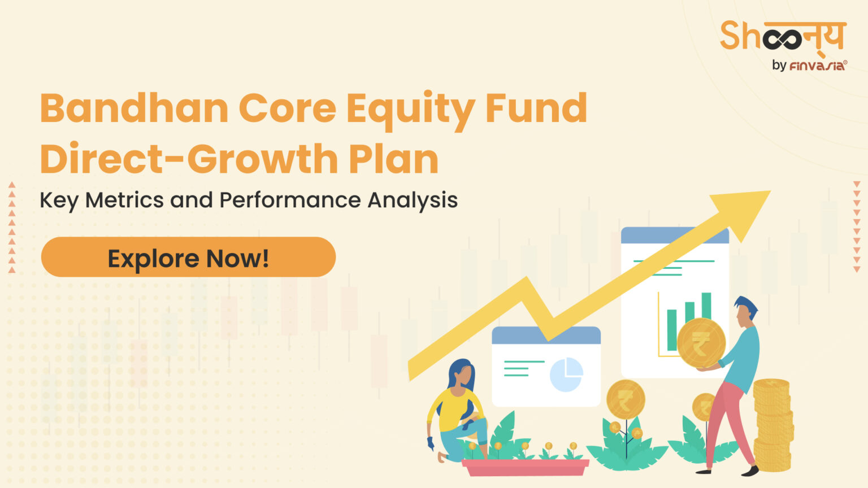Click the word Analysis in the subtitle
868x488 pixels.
(413, 200)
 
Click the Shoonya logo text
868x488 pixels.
(783, 37)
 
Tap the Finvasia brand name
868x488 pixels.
(817, 66)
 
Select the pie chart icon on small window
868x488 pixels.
(566, 374)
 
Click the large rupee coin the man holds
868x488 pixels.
(701, 343)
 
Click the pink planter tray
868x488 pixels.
(526, 467)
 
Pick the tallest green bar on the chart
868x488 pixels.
(706, 308)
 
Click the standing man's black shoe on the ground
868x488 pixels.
(750, 470)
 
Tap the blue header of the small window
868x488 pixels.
(546, 335)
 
